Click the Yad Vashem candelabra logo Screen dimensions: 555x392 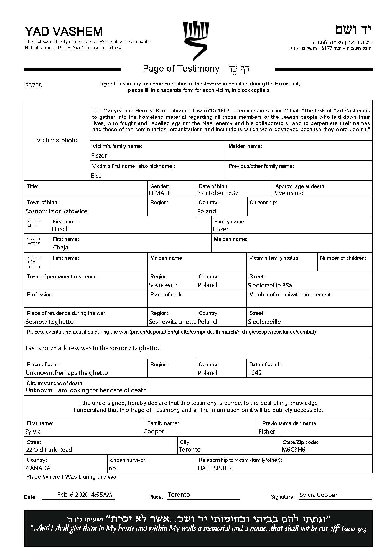tap(196, 40)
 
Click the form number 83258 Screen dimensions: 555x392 tap(34, 85)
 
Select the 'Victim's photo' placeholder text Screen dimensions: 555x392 tap(57, 140)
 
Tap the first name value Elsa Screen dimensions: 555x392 tap(96, 176)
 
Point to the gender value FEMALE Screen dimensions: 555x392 tap(160, 193)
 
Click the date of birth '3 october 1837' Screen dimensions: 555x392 tap(218, 193)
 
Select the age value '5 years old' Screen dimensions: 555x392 tap(289, 193)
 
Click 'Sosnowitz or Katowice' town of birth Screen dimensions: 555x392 tap(56, 211)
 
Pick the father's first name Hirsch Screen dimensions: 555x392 tap(60, 229)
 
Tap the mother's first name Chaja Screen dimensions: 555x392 tap(60, 247)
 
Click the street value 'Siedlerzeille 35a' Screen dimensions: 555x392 tap(270, 285)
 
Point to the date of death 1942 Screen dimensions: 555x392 tap(255, 373)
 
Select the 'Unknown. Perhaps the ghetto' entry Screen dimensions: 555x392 tap(67, 373)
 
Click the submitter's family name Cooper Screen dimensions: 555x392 tap(154, 431)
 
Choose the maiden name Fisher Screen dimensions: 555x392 tap(267, 432)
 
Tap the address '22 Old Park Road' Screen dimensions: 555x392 tap(49, 450)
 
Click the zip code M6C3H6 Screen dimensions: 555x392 tap(293, 450)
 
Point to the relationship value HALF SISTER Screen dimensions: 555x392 tap(215, 468)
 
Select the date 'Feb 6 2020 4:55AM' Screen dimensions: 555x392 tap(85, 495)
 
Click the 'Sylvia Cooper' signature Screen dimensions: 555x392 tap(318, 495)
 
